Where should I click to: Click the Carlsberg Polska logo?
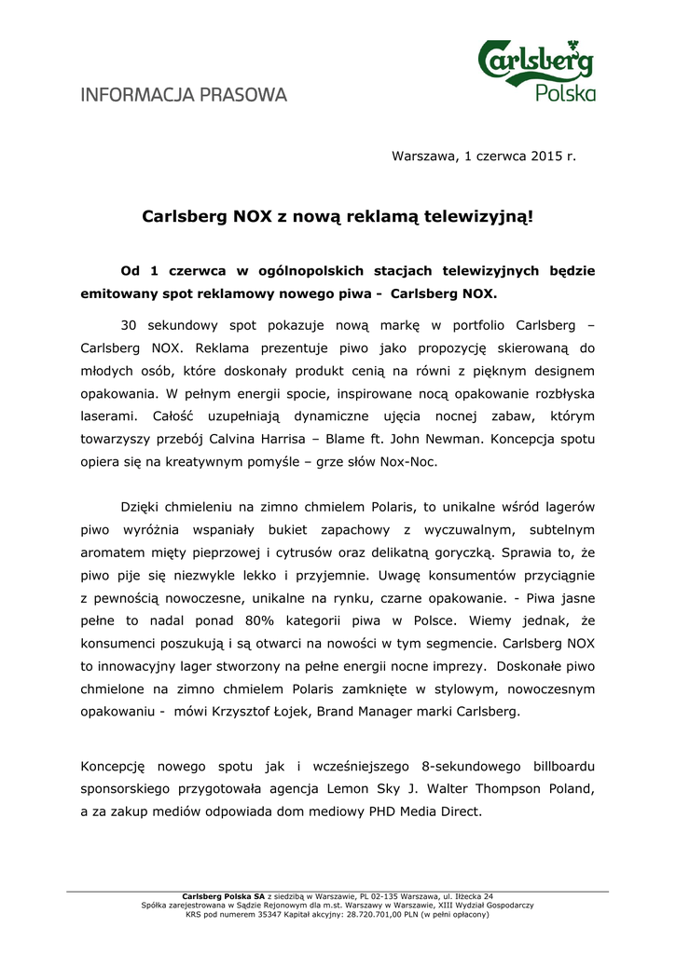tap(536, 69)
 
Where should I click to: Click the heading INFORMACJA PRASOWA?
tap(184, 95)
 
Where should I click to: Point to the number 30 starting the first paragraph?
tap(130, 325)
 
